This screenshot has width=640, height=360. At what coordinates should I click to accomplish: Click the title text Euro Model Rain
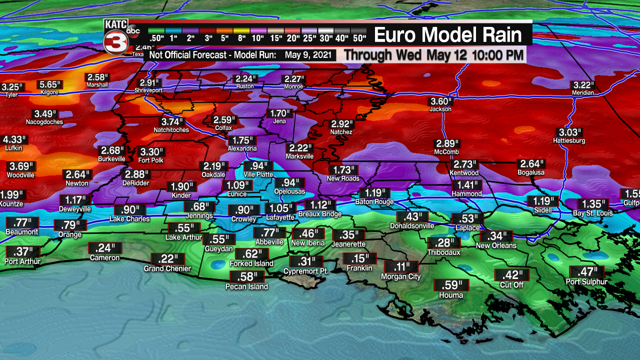pyautogui.click(x=447, y=35)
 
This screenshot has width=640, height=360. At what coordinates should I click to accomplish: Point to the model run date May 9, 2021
pyautogui.click(x=309, y=54)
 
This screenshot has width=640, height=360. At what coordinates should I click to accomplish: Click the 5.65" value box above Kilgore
pyautogui.click(x=49, y=84)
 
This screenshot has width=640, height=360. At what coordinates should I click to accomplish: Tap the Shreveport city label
pyautogui.click(x=148, y=90)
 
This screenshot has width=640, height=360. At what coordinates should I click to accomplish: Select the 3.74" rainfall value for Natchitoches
pyautogui.click(x=171, y=121)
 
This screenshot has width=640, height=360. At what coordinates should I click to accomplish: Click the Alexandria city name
pyautogui.click(x=242, y=148)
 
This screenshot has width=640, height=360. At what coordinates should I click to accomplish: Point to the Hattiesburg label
pyautogui.click(x=569, y=141)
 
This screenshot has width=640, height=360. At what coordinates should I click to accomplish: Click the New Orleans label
pyautogui.click(x=496, y=245)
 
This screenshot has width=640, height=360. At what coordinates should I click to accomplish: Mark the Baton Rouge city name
pyautogui.click(x=374, y=202)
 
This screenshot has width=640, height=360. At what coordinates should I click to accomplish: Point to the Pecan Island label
pyautogui.click(x=246, y=286)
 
